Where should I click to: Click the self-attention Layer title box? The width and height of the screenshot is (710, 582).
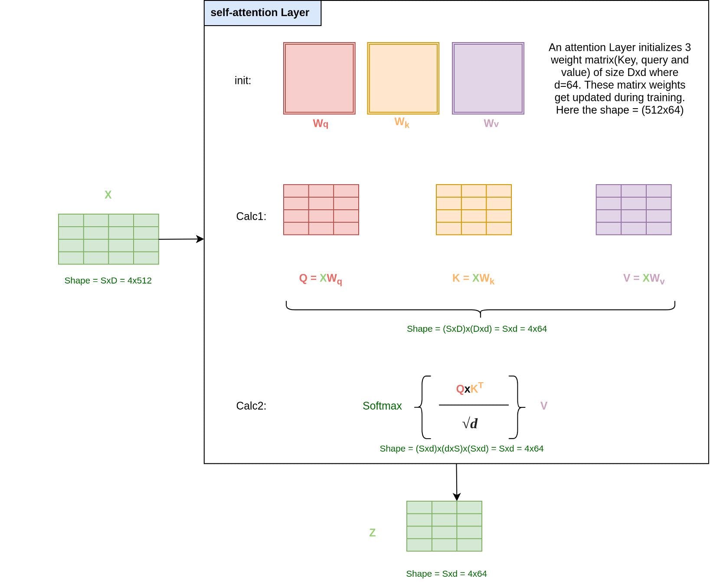click(x=262, y=13)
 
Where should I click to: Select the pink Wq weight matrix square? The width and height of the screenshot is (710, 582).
click(x=319, y=79)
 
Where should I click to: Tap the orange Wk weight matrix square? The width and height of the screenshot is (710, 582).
click(x=403, y=79)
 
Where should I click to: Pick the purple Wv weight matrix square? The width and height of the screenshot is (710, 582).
click(x=488, y=79)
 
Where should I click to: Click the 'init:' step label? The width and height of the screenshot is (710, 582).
click(x=243, y=80)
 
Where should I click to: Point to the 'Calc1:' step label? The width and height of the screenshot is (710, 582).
click(x=251, y=216)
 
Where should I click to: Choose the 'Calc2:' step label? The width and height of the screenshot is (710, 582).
click(x=251, y=406)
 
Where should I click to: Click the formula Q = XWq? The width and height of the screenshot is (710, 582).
click(x=321, y=279)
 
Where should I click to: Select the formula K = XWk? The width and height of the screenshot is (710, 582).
click(x=473, y=279)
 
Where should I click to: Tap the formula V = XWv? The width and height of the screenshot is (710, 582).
click(x=644, y=279)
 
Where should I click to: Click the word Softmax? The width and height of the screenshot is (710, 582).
click(x=382, y=406)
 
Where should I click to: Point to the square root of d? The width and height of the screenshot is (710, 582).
click(x=470, y=423)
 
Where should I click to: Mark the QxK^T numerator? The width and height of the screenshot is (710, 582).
click(x=470, y=388)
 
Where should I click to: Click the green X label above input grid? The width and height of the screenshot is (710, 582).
click(x=108, y=195)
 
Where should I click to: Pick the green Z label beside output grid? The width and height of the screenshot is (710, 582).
click(x=372, y=533)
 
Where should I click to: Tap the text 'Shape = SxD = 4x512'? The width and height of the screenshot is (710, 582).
click(x=108, y=281)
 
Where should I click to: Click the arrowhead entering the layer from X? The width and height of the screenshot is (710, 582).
click(x=200, y=239)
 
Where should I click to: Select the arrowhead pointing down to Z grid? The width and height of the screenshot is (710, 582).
click(x=457, y=497)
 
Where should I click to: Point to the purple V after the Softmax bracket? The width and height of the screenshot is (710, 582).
click(x=544, y=406)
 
